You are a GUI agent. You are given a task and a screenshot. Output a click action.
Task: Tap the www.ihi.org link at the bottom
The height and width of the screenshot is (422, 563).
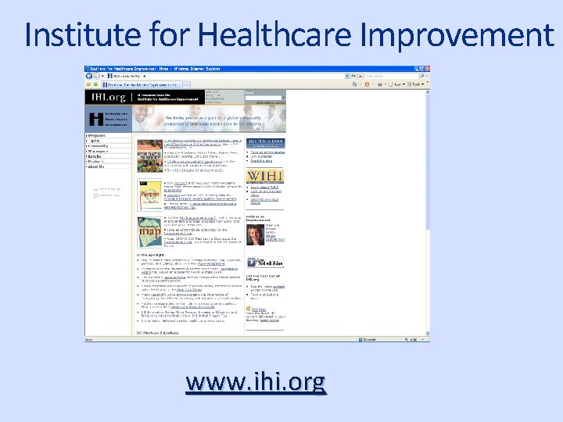[256, 383]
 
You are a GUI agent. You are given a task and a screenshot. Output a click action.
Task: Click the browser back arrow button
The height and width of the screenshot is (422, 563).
[91, 77]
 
